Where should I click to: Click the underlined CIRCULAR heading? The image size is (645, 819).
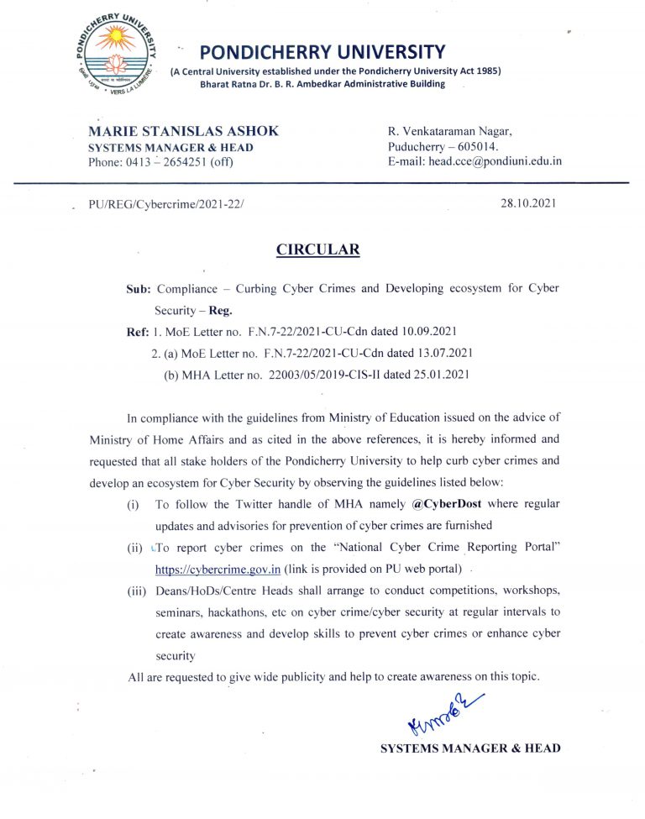318,249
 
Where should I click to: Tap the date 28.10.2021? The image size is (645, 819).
527,203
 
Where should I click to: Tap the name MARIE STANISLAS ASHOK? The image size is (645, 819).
183,131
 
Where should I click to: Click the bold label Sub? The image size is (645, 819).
138,288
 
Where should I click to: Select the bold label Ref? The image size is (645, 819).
138,331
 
